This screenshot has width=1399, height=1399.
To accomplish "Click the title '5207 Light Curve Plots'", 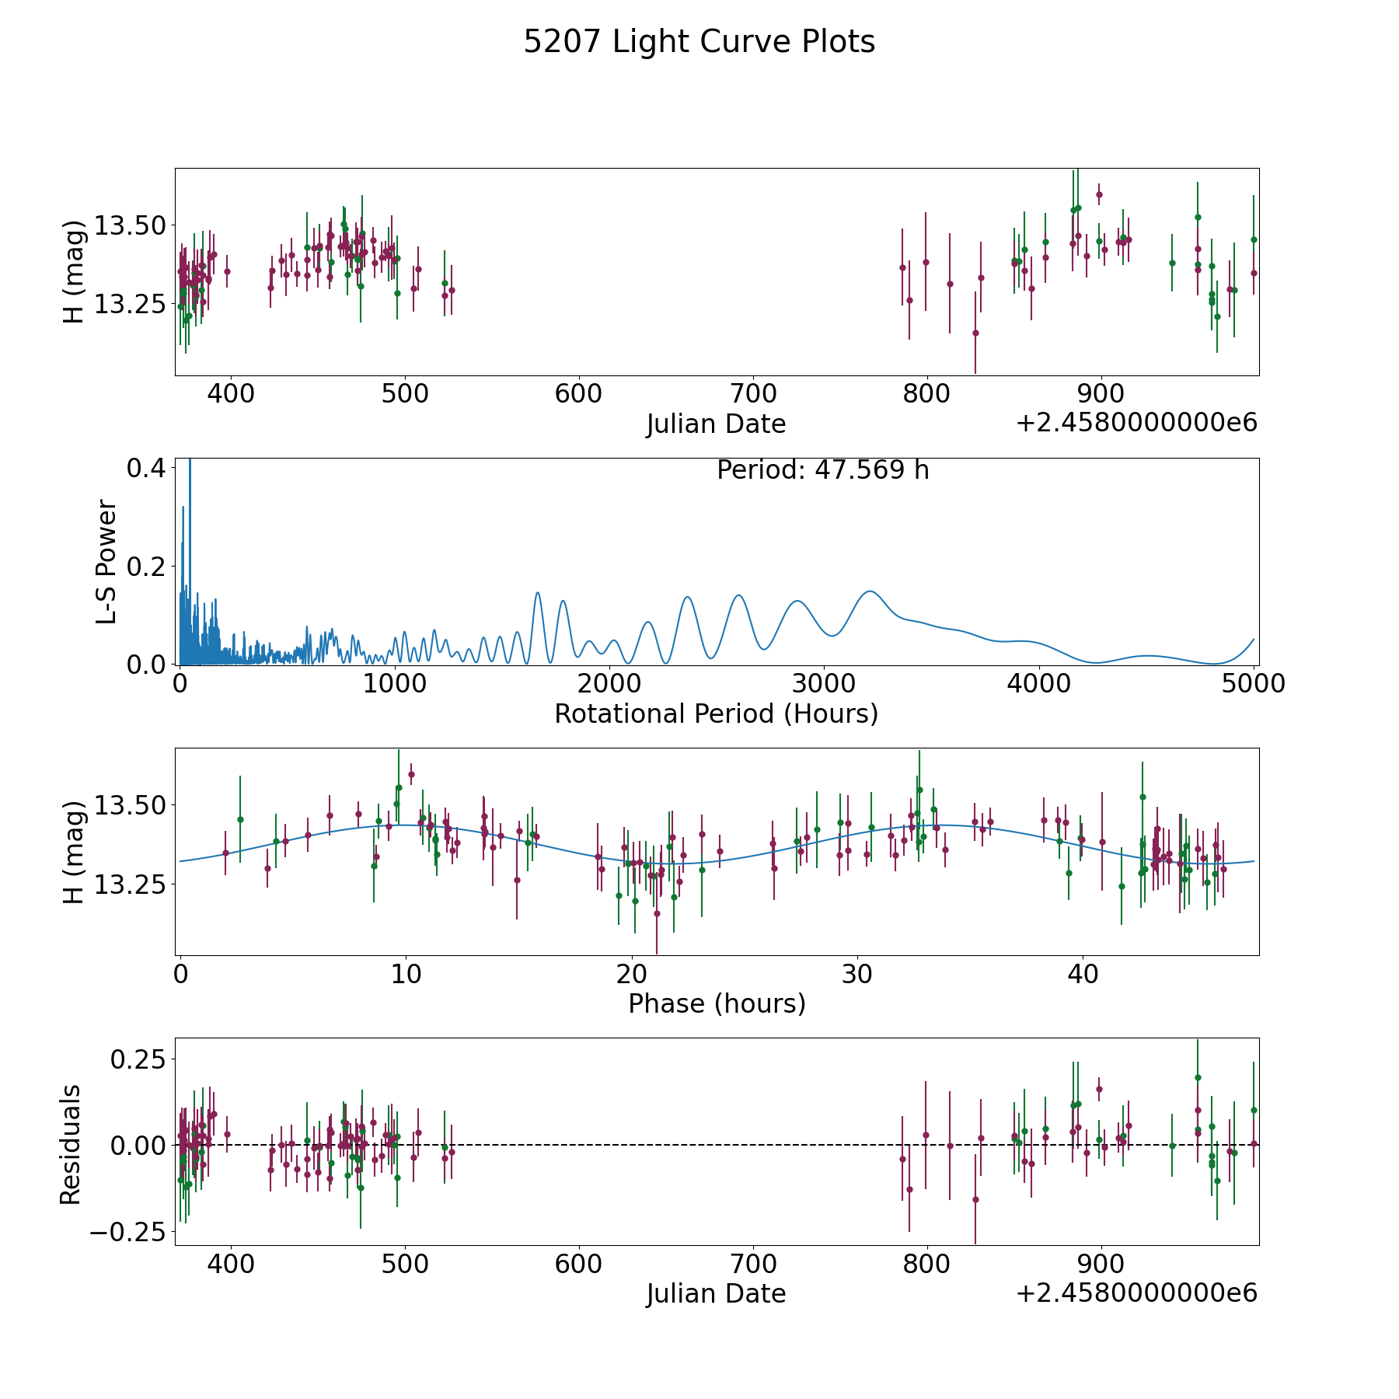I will click(x=699, y=42).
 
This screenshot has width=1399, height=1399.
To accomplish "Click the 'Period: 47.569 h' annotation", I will click(x=822, y=470).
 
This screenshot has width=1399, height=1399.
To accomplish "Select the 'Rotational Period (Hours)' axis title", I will click(x=716, y=713).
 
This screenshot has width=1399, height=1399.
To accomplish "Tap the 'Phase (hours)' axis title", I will click(x=716, y=1003).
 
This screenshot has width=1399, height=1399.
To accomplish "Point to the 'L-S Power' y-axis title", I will click(x=106, y=561).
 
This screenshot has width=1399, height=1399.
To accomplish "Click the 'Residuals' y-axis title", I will click(x=71, y=1144).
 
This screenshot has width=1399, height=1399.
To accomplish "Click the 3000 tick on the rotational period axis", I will click(x=824, y=684).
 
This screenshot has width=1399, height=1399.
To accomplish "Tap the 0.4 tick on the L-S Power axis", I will click(x=145, y=468).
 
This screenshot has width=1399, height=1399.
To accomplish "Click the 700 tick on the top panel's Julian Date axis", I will click(x=753, y=394).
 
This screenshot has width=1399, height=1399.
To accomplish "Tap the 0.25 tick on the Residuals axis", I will click(x=138, y=1059).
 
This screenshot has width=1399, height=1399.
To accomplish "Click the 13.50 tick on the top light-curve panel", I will click(x=130, y=226).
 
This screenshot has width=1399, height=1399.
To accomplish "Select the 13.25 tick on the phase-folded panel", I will click(x=130, y=884).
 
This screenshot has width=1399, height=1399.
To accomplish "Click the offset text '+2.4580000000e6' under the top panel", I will click(x=1136, y=424).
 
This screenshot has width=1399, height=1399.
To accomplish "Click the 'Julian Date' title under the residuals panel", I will click(x=716, y=1294).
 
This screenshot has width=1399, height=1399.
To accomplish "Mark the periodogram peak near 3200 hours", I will click(x=870, y=591).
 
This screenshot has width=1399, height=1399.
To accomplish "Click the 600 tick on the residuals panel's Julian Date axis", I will click(x=579, y=1264).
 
